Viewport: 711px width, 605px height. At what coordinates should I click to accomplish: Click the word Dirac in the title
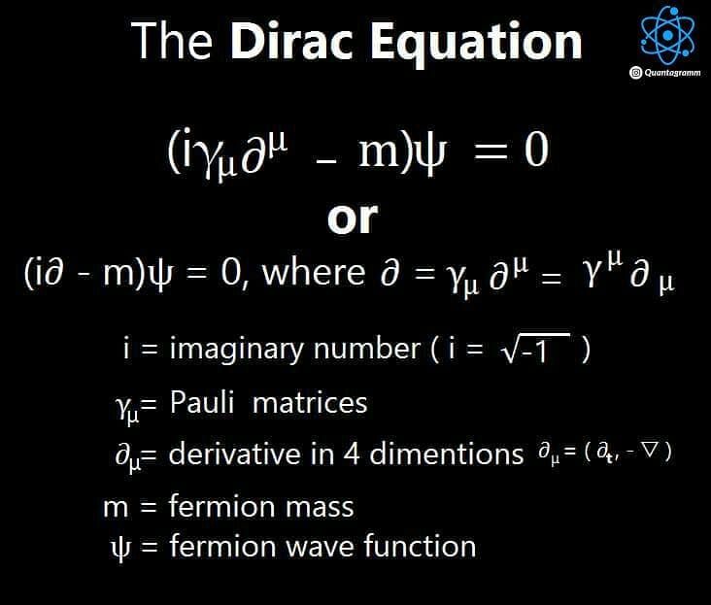[292, 41]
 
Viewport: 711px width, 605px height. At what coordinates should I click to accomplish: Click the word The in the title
[172, 41]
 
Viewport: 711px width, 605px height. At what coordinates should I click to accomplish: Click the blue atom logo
[667, 35]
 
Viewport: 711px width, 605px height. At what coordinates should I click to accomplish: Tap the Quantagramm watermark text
[672, 73]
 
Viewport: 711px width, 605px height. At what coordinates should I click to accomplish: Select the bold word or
[353, 218]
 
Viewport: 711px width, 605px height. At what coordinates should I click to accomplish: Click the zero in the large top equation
[536, 150]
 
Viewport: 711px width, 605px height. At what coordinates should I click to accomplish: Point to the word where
[314, 272]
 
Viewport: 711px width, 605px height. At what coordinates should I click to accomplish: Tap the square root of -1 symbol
[535, 349]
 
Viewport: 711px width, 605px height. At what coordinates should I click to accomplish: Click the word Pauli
[202, 402]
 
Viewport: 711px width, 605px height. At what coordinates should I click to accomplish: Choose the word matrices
[310, 403]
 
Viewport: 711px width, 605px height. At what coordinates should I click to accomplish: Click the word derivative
[234, 454]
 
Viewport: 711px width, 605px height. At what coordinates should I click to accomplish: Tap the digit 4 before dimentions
[352, 454]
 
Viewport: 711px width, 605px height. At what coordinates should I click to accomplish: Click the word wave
[320, 547]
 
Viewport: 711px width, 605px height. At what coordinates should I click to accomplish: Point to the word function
[420, 546]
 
